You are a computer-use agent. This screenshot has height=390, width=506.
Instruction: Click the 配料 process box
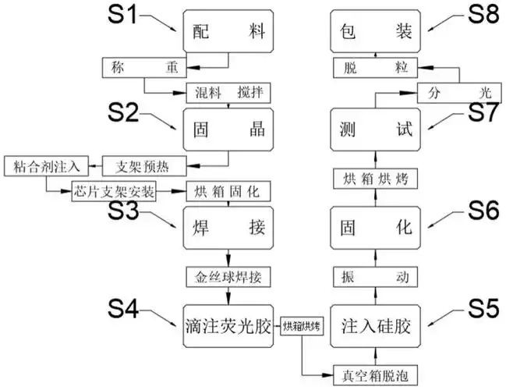[x=228, y=34]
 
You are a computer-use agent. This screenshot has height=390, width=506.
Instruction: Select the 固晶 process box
[x=228, y=129]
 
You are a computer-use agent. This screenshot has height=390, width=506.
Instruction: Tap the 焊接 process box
[x=228, y=229]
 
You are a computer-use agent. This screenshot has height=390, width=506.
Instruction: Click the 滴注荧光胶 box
[x=229, y=327]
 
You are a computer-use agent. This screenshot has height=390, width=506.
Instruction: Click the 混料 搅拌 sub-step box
[x=228, y=94]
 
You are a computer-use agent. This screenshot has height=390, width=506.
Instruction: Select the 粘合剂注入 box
[x=45, y=165]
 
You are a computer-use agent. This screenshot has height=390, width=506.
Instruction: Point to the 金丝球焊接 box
[x=228, y=277]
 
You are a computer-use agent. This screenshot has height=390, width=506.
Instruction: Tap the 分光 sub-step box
[x=456, y=93]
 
